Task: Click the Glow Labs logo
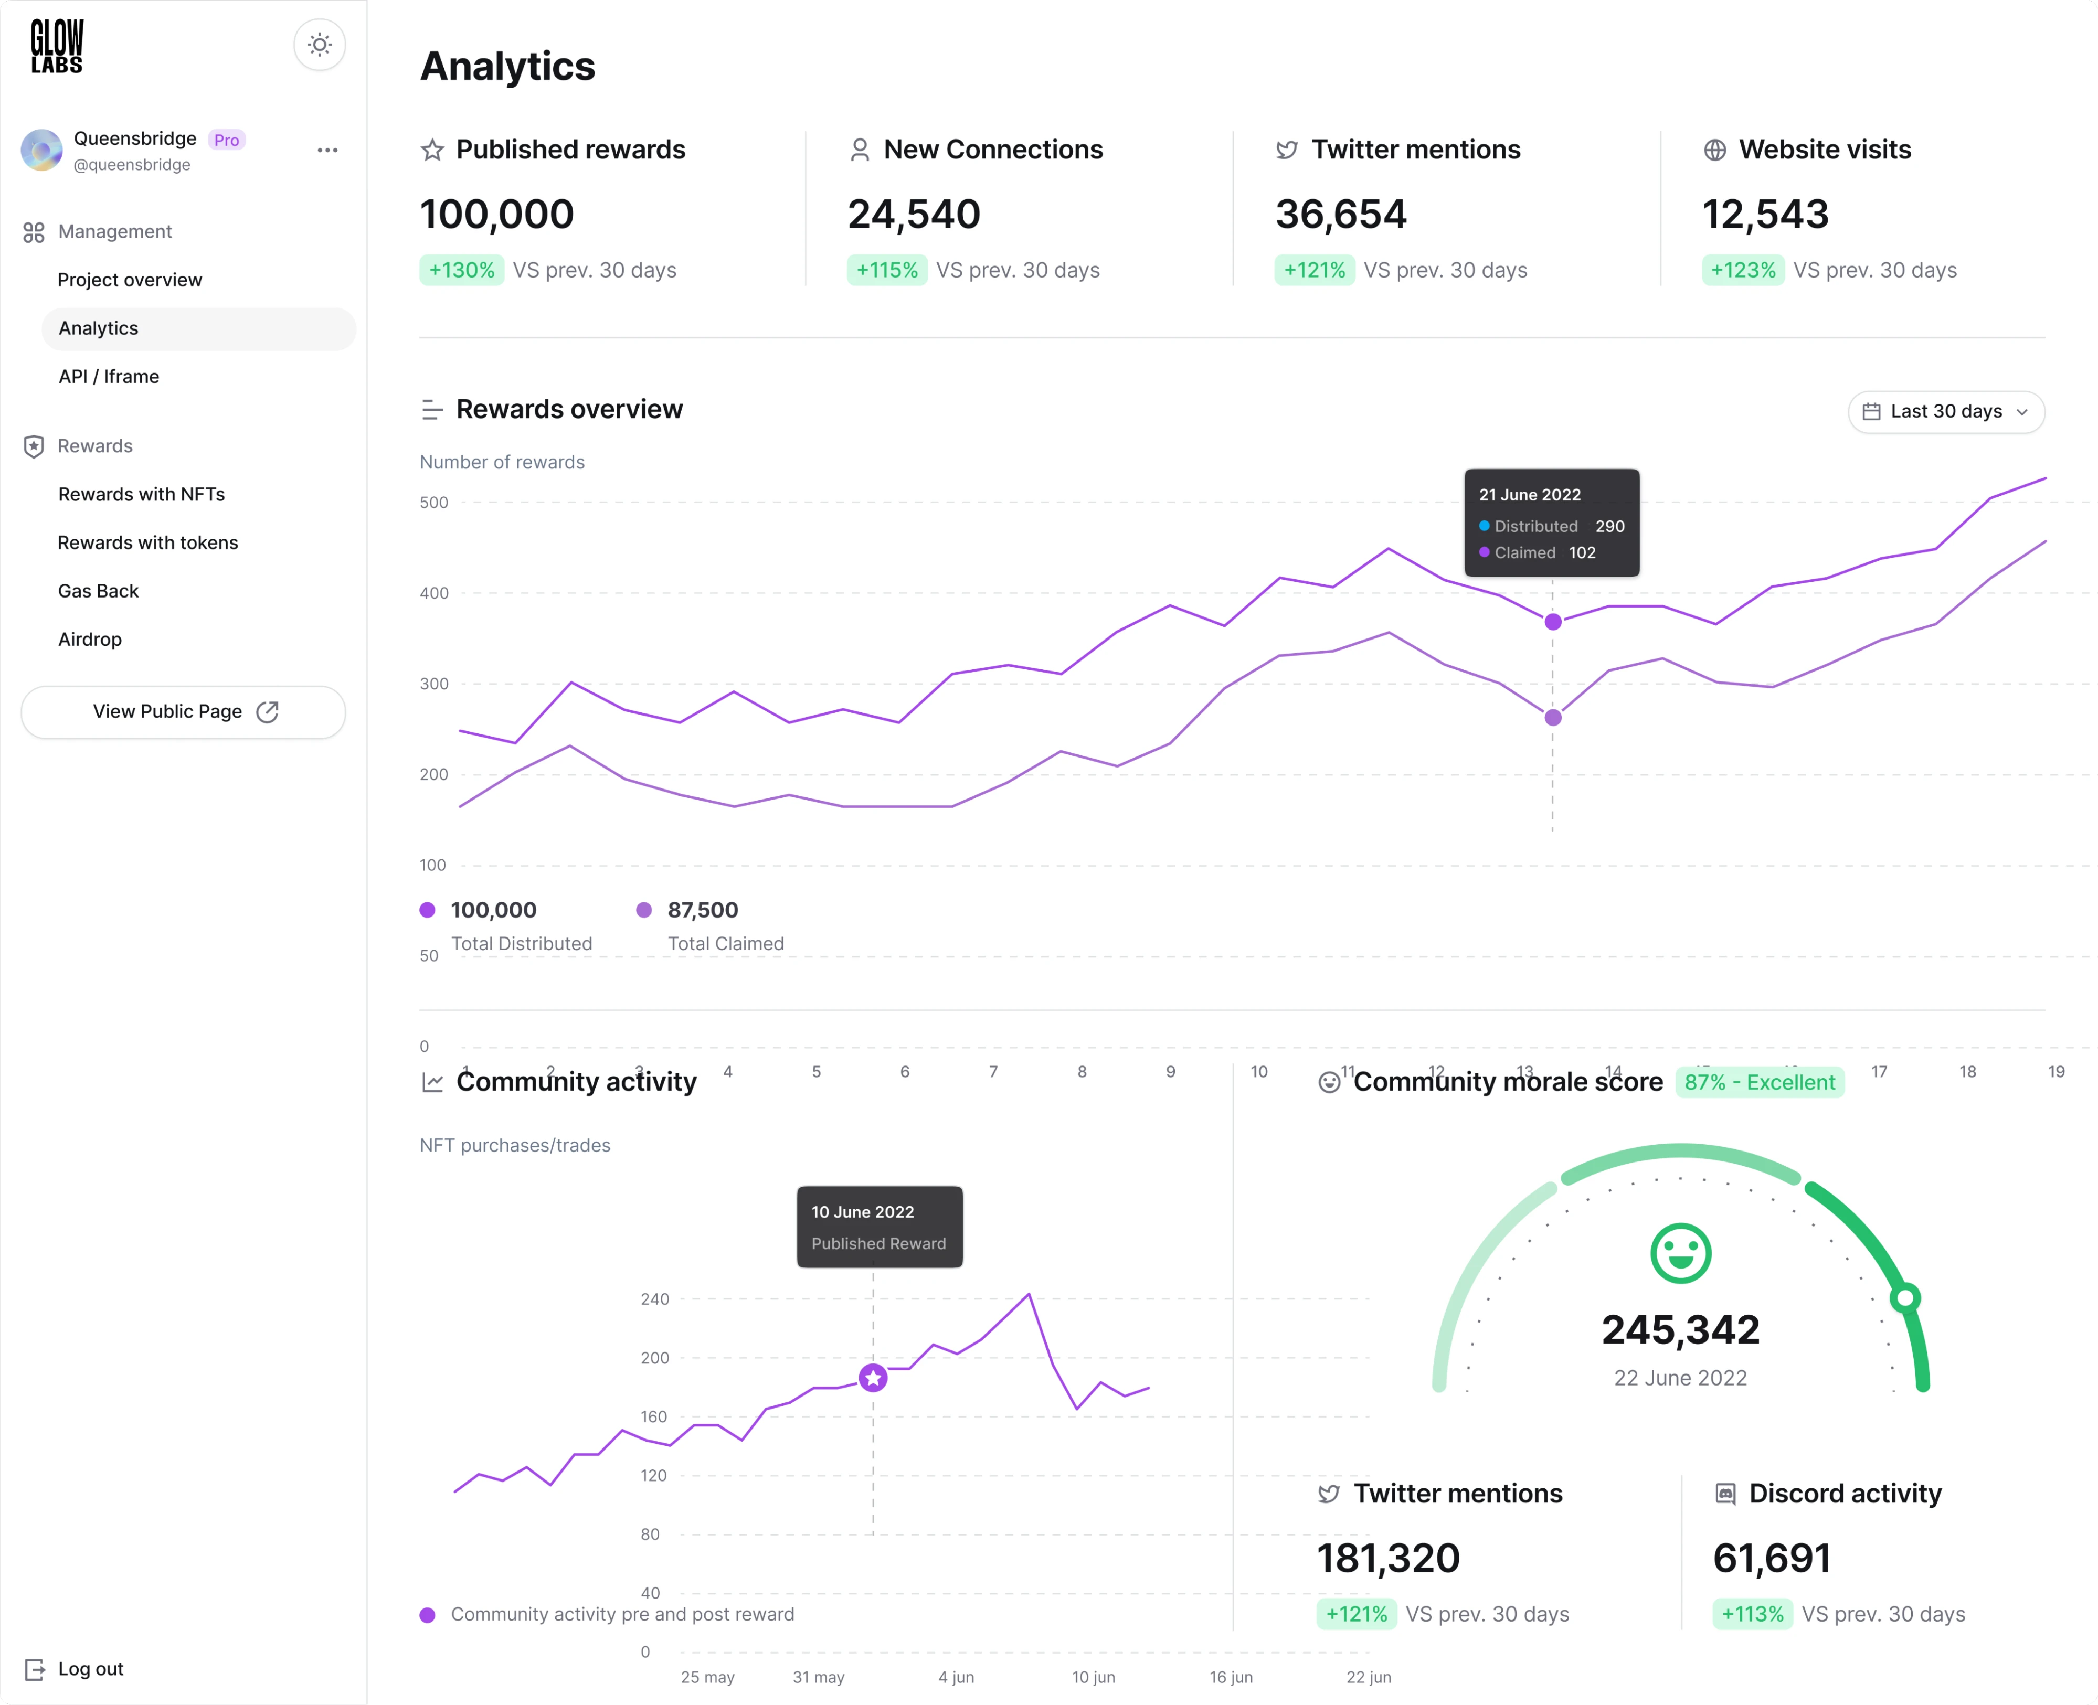pos(57,46)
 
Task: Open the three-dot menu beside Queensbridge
pos(327,150)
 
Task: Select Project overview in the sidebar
pos(130,280)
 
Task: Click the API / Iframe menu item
pos(109,376)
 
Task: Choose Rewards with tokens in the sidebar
pos(147,542)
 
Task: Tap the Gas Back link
pos(98,590)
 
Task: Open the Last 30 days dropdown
pos(1946,411)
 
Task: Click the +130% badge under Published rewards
pos(462,270)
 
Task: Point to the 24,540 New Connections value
pos(914,214)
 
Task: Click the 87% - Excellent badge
pos(1759,1082)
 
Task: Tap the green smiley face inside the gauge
pos(1681,1253)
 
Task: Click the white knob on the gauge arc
pos(1905,1298)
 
